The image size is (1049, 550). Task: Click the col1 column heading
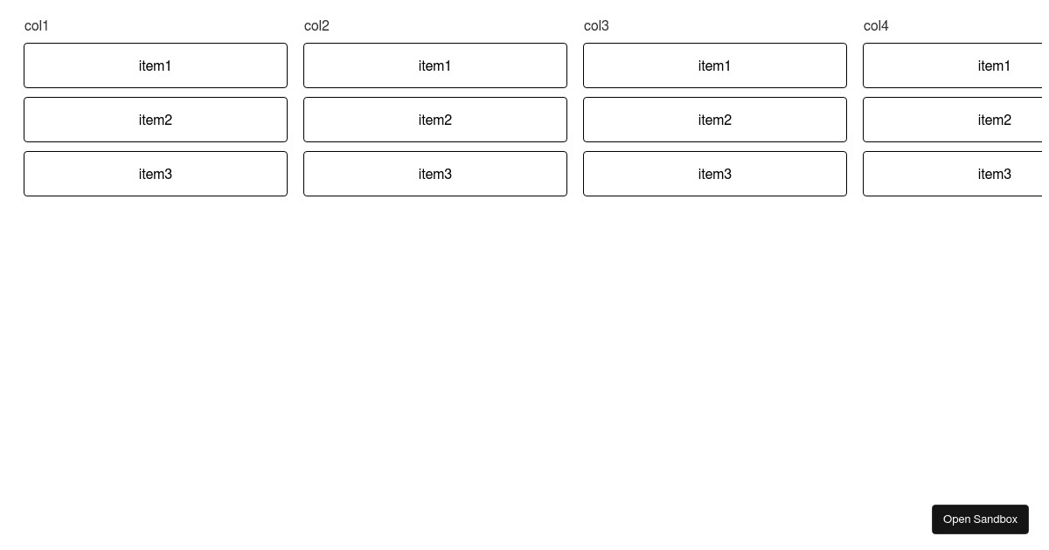37,25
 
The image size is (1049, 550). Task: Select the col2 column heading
316,25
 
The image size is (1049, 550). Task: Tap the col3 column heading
596,25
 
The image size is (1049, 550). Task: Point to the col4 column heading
876,25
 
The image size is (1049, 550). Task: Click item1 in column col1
156,65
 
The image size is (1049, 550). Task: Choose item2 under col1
156,120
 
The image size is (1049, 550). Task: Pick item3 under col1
156,174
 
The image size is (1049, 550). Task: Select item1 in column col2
435,65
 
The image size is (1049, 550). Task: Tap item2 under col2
435,120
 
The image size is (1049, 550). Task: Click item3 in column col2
435,174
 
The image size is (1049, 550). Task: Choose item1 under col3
715,65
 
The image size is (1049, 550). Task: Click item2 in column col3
715,120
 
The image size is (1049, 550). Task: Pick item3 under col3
715,174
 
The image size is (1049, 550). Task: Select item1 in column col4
953,65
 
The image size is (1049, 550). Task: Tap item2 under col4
953,120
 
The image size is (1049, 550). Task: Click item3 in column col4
953,174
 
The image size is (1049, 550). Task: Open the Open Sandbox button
980,519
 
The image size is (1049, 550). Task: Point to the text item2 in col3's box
715,120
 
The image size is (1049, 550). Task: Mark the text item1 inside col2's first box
434,66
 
